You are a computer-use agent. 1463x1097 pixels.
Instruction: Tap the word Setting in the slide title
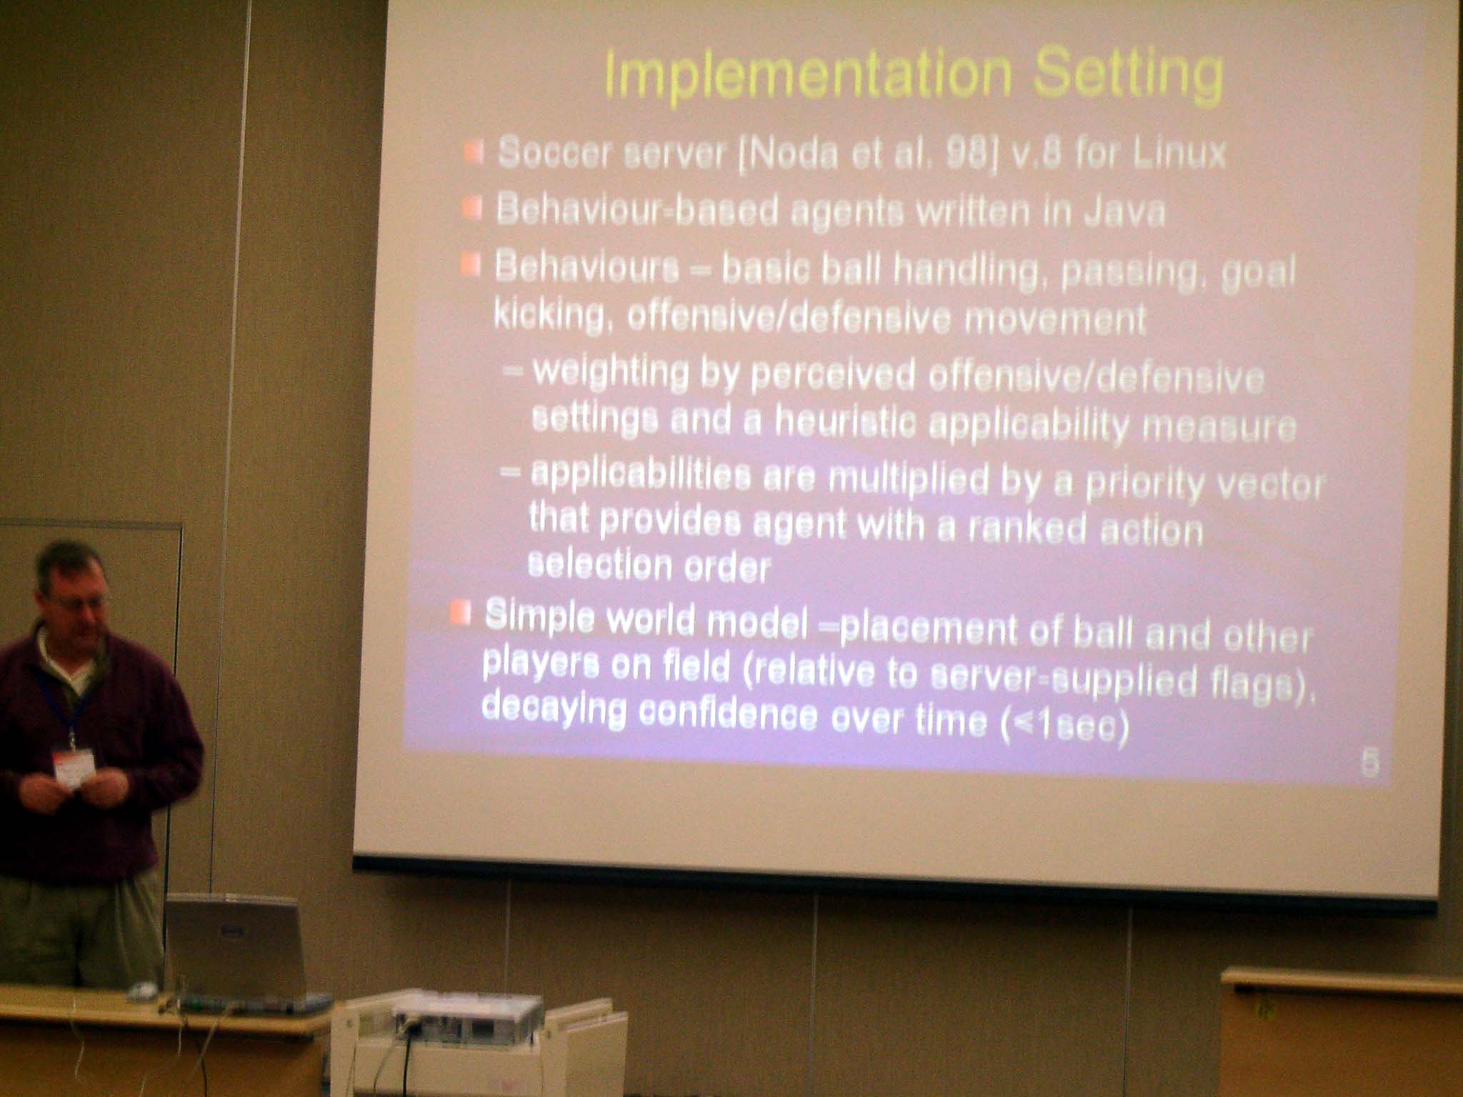[1128, 77]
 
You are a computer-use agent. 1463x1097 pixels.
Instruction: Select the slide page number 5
[1369, 762]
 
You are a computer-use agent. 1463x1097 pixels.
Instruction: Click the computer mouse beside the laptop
[143, 989]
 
